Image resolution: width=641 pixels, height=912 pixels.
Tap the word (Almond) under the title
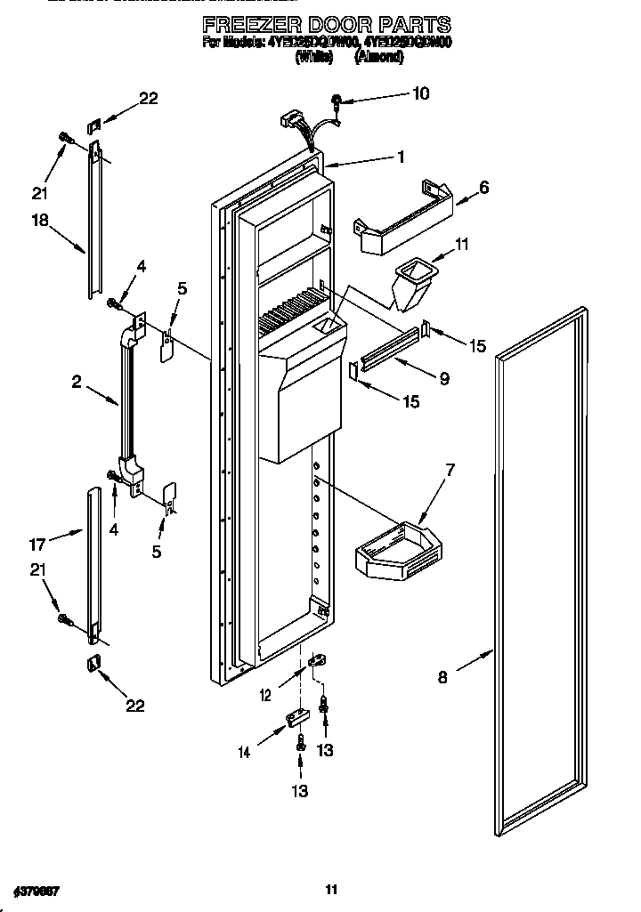381,57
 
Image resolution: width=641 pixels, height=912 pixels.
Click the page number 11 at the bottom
330,889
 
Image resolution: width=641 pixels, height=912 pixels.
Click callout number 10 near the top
420,93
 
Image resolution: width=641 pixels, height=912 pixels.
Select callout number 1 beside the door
401,157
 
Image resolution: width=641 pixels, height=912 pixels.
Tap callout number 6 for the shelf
484,188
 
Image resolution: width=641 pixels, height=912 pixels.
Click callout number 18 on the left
40,228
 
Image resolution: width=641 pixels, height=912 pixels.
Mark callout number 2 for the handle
77,383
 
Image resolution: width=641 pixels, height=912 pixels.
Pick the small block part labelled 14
296,717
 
